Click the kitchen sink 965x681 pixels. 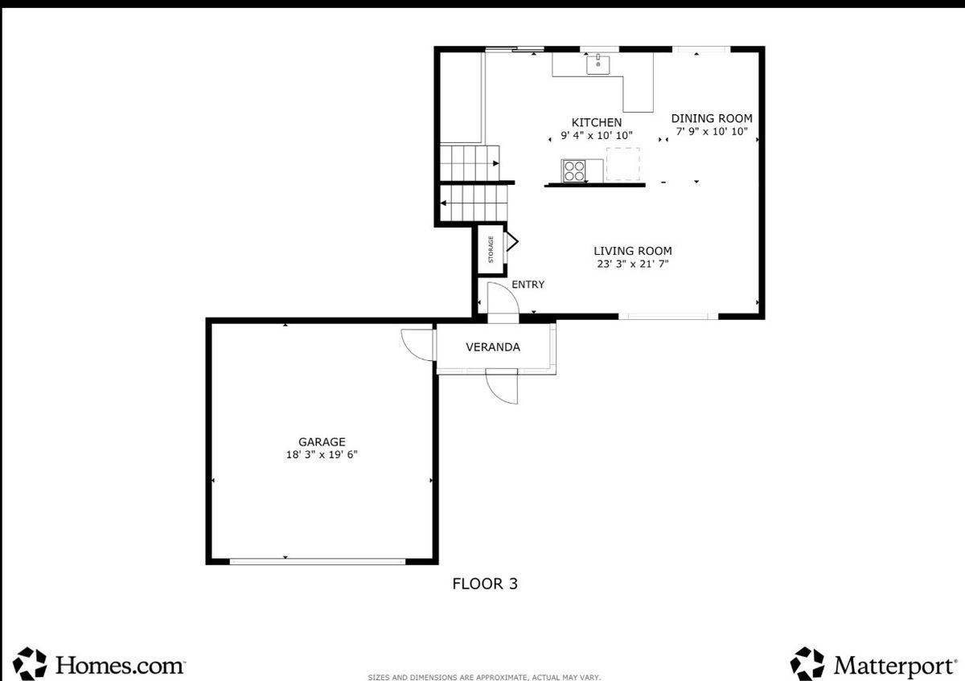pyautogui.click(x=598, y=64)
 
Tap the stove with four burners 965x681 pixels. pyautogui.click(x=574, y=171)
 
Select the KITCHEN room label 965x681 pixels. pyautogui.click(x=596, y=122)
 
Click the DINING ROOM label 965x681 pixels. pyautogui.click(x=712, y=118)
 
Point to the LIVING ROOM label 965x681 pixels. pyautogui.click(x=633, y=251)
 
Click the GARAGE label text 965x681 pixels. pyautogui.click(x=322, y=442)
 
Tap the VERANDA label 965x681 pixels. pyautogui.click(x=493, y=347)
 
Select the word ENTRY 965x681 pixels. pyautogui.click(x=528, y=285)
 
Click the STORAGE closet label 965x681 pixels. pyautogui.click(x=491, y=249)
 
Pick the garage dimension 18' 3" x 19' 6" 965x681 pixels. pyautogui.click(x=322, y=454)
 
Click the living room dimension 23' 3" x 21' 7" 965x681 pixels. pyautogui.click(x=633, y=264)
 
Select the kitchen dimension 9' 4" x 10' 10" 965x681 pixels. pyautogui.click(x=596, y=135)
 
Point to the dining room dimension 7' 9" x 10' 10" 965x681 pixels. pyautogui.click(x=712, y=131)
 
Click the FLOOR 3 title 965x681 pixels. pyautogui.click(x=485, y=584)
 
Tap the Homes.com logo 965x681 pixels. pyautogui.click(x=100, y=664)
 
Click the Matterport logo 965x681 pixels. pyautogui.click(x=873, y=664)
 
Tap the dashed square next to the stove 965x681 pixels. pyautogui.click(x=623, y=164)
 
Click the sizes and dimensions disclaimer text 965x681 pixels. pyautogui.click(x=484, y=677)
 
